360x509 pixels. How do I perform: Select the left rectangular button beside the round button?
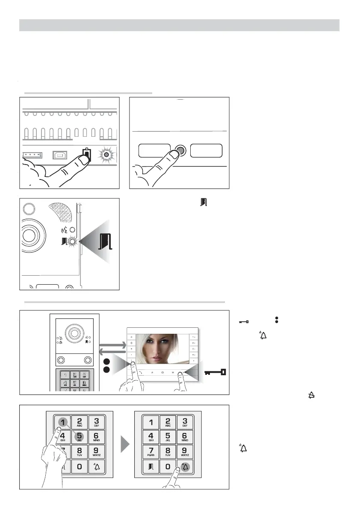(x=155, y=151)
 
